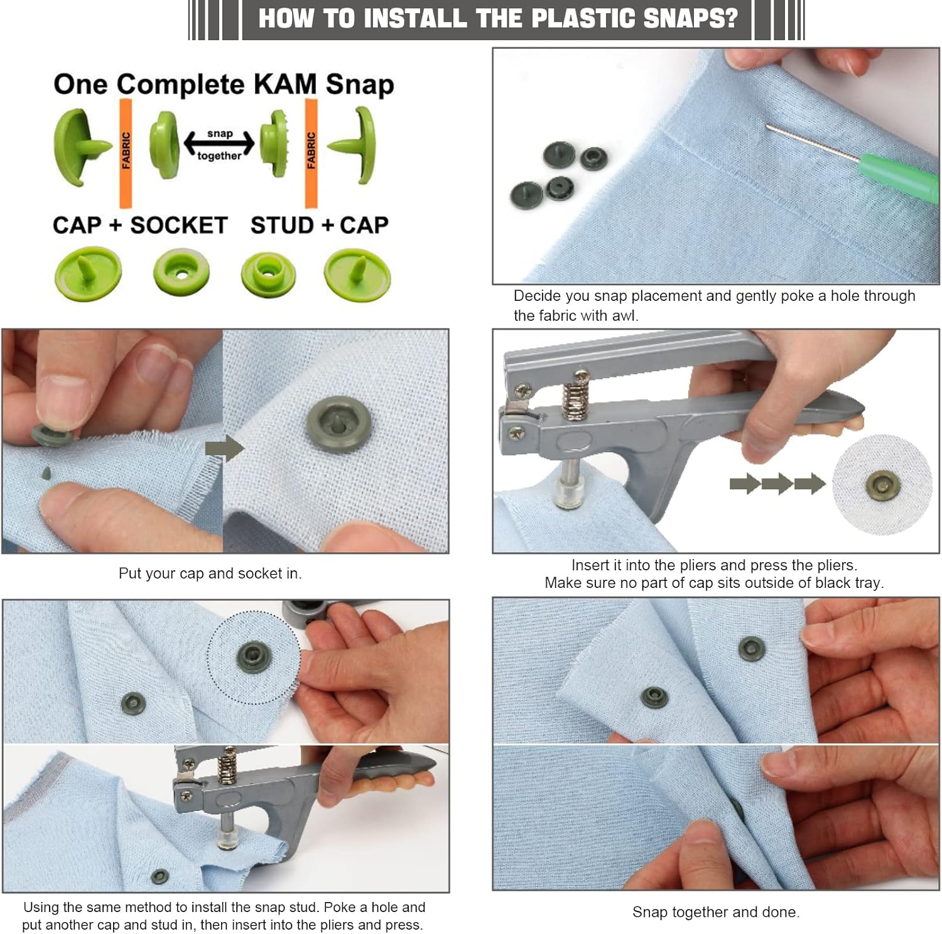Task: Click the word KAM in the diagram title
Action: (x=284, y=84)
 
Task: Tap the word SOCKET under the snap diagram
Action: (x=179, y=225)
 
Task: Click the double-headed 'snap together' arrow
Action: (x=219, y=144)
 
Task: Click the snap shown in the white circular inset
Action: (x=884, y=484)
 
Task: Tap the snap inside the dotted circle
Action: (x=254, y=657)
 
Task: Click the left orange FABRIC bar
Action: (x=126, y=153)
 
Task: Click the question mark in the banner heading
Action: (x=730, y=18)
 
